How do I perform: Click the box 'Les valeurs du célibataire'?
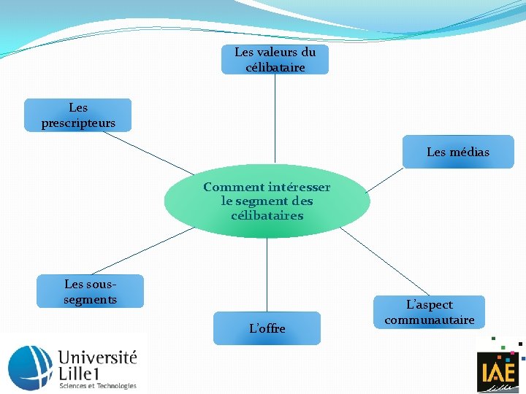pos(275,59)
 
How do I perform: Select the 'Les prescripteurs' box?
pos(78,115)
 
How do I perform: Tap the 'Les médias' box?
pos(458,152)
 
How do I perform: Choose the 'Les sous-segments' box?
pos(91,291)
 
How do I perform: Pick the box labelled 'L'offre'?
pos(267,328)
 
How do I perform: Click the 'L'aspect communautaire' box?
pos(430,312)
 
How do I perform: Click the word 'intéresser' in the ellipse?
pos(300,188)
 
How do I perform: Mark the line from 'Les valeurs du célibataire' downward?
pos(275,117)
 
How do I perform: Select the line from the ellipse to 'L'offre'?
pos(267,274)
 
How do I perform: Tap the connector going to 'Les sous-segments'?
pos(142,250)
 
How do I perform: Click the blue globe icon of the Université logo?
pos(30,364)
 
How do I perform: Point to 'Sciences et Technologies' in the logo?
pos(97,386)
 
